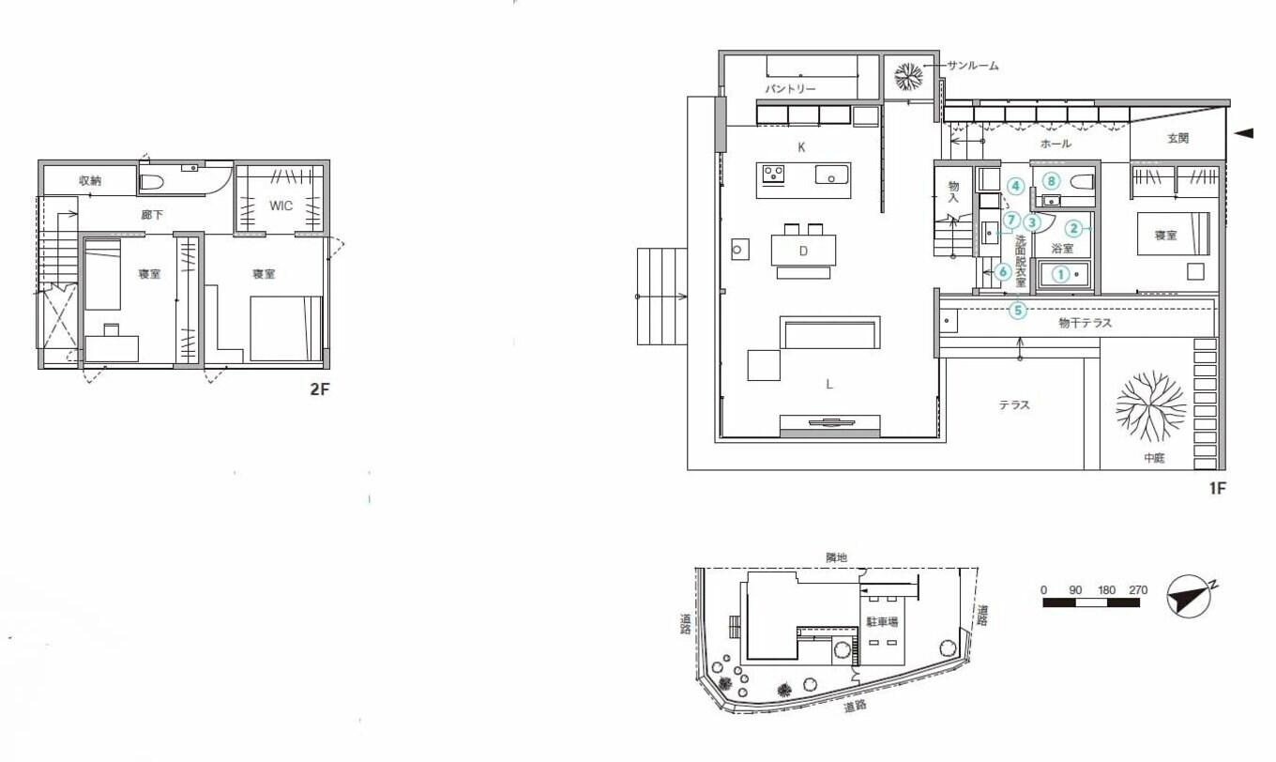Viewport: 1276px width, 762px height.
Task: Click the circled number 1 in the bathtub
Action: pos(1060,275)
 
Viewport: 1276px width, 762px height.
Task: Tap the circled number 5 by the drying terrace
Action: pos(1018,311)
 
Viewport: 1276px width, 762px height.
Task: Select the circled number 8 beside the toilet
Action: pos(1051,182)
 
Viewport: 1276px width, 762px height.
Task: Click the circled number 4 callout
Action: pos(1015,186)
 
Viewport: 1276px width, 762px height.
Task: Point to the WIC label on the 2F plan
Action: pos(281,206)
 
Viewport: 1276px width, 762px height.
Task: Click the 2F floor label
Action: pos(320,389)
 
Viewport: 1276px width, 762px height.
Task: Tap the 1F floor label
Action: pos(1217,488)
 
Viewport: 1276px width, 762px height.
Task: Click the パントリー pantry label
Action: pos(790,89)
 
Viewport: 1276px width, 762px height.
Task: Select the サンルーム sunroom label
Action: pos(972,66)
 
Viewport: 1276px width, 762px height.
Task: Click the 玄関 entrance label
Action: pos(1177,138)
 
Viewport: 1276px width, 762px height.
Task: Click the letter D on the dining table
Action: pos(803,251)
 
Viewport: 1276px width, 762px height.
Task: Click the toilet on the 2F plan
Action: pos(152,182)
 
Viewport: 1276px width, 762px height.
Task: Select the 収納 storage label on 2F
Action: pos(90,181)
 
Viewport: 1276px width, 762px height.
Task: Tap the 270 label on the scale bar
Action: pos(1137,590)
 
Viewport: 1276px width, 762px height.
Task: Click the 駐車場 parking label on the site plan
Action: pos(882,622)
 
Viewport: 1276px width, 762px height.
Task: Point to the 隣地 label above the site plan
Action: pos(836,558)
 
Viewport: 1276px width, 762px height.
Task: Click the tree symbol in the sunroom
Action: pos(908,76)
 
